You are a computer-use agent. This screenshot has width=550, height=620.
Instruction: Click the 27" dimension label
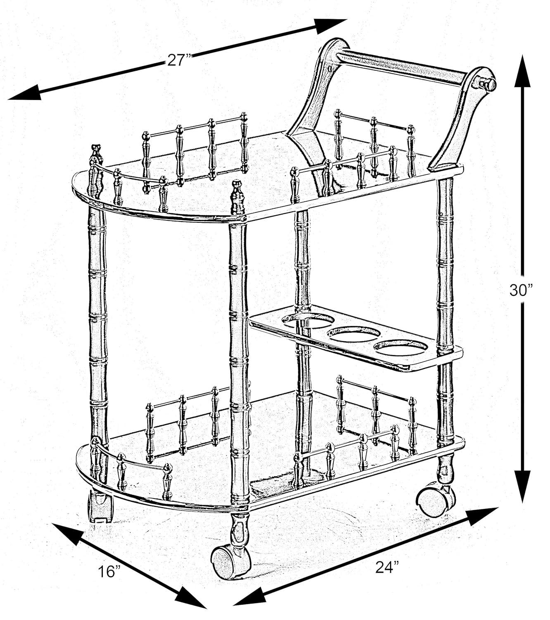coord(179,60)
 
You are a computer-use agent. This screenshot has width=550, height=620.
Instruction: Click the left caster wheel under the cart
coord(100,507)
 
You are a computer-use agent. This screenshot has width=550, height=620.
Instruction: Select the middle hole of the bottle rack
coord(354,334)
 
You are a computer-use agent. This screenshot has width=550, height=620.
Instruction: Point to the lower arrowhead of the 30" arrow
coord(523,488)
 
